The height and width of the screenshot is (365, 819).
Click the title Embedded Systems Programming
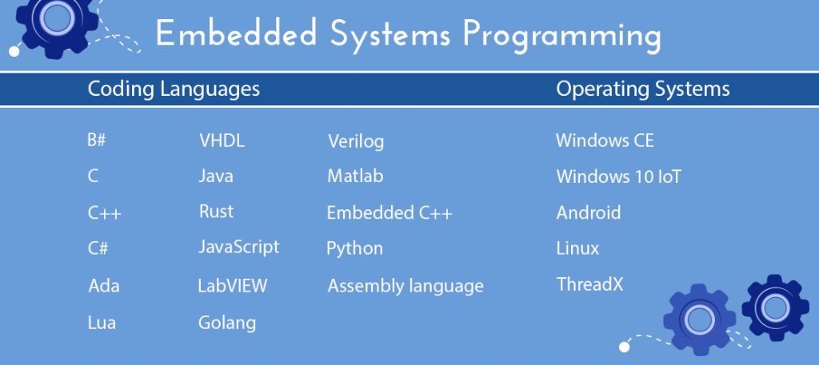pos(408,35)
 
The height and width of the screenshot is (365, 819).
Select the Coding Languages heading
pos(174,89)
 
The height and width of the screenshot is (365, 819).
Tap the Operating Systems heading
pos(643,89)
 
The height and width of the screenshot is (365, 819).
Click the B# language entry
pos(97,141)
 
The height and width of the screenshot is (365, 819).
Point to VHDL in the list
pos(222,141)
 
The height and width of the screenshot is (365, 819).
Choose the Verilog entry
pos(356,142)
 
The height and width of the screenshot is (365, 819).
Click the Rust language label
pos(216,212)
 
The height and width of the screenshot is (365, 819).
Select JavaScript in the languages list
pos(239,247)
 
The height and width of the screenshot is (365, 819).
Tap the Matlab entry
pos(355,176)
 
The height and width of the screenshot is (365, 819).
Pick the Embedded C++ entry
pos(390,213)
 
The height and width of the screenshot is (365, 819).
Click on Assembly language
pos(406,285)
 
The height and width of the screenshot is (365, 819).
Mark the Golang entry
pos(227,323)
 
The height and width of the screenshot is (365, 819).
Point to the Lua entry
pos(102,323)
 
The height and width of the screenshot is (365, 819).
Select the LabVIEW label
pos(233,285)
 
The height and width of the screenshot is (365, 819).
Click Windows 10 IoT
pos(618,177)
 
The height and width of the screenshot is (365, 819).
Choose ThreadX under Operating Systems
pos(589,284)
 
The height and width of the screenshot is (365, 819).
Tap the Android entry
pos(589,213)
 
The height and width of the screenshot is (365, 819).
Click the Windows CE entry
pos(605,141)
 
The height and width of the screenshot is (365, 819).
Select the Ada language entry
pos(104,285)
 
